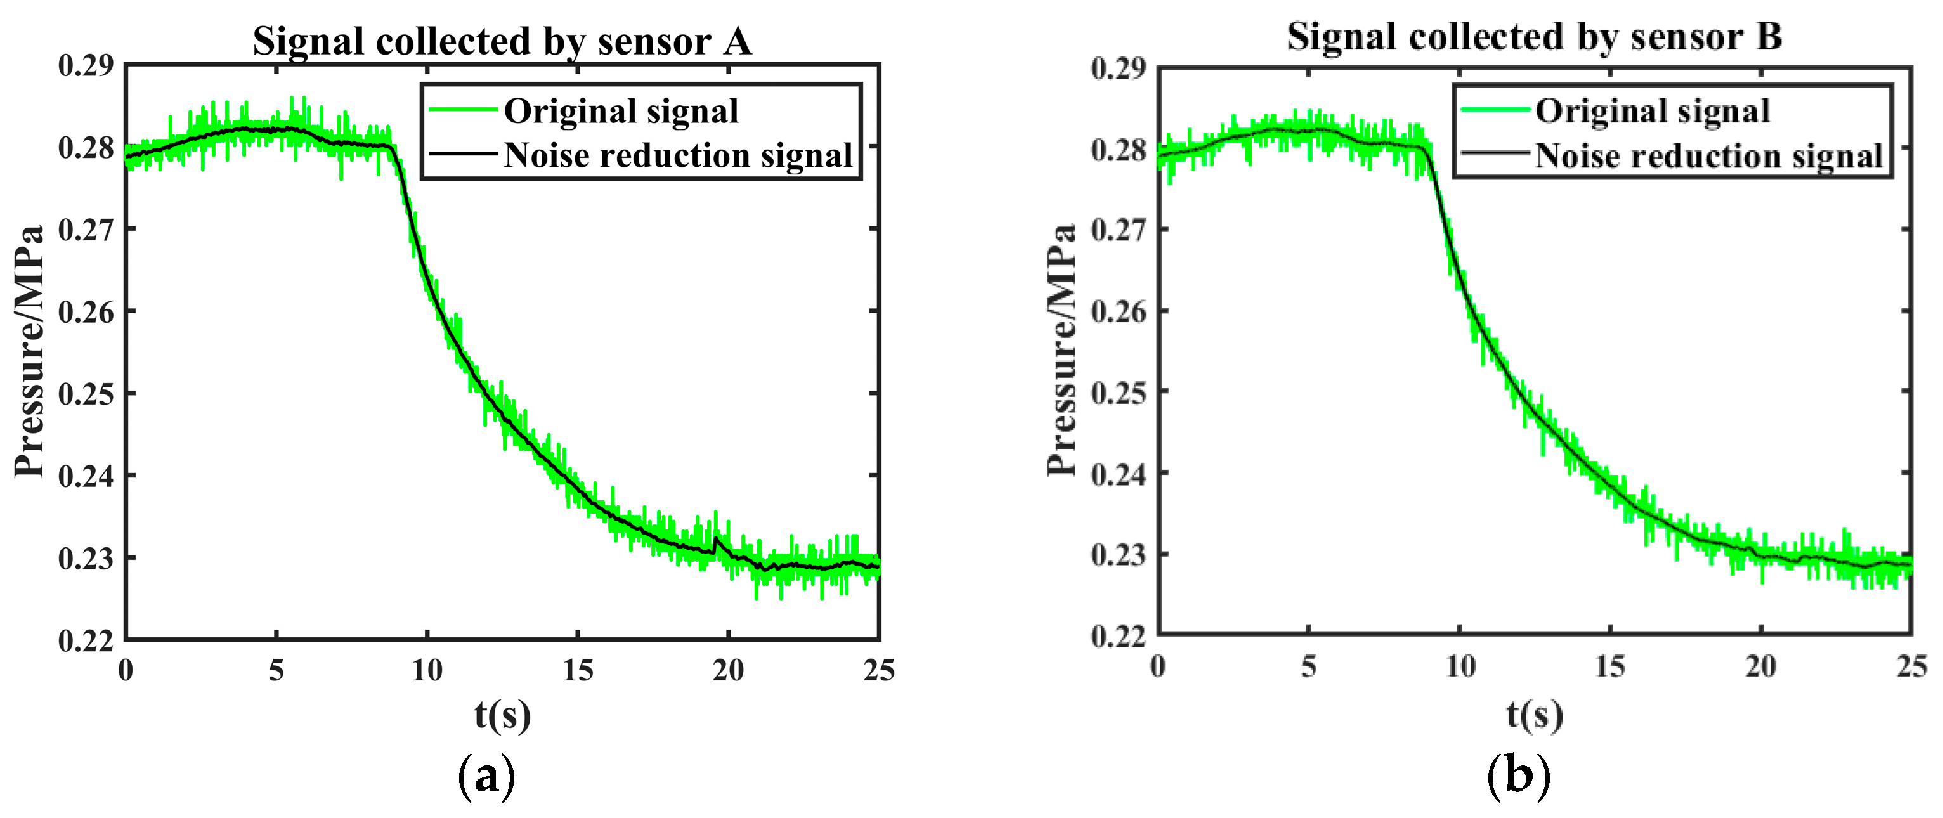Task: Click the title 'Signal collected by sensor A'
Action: click(x=502, y=41)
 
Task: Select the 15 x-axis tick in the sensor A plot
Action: click(x=578, y=670)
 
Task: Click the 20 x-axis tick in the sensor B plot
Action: click(x=1760, y=666)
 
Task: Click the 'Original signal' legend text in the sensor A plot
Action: click(x=621, y=111)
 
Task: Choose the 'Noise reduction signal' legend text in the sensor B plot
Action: click(x=1709, y=156)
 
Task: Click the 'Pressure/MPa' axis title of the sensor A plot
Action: click(x=30, y=351)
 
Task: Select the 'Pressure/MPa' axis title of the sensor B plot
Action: click(x=1062, y=351)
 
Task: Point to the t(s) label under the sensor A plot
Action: click(x=502, y=715)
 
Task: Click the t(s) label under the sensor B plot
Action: click(x=1534, y=714)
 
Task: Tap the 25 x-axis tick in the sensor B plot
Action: click(x=1911, y=666)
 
